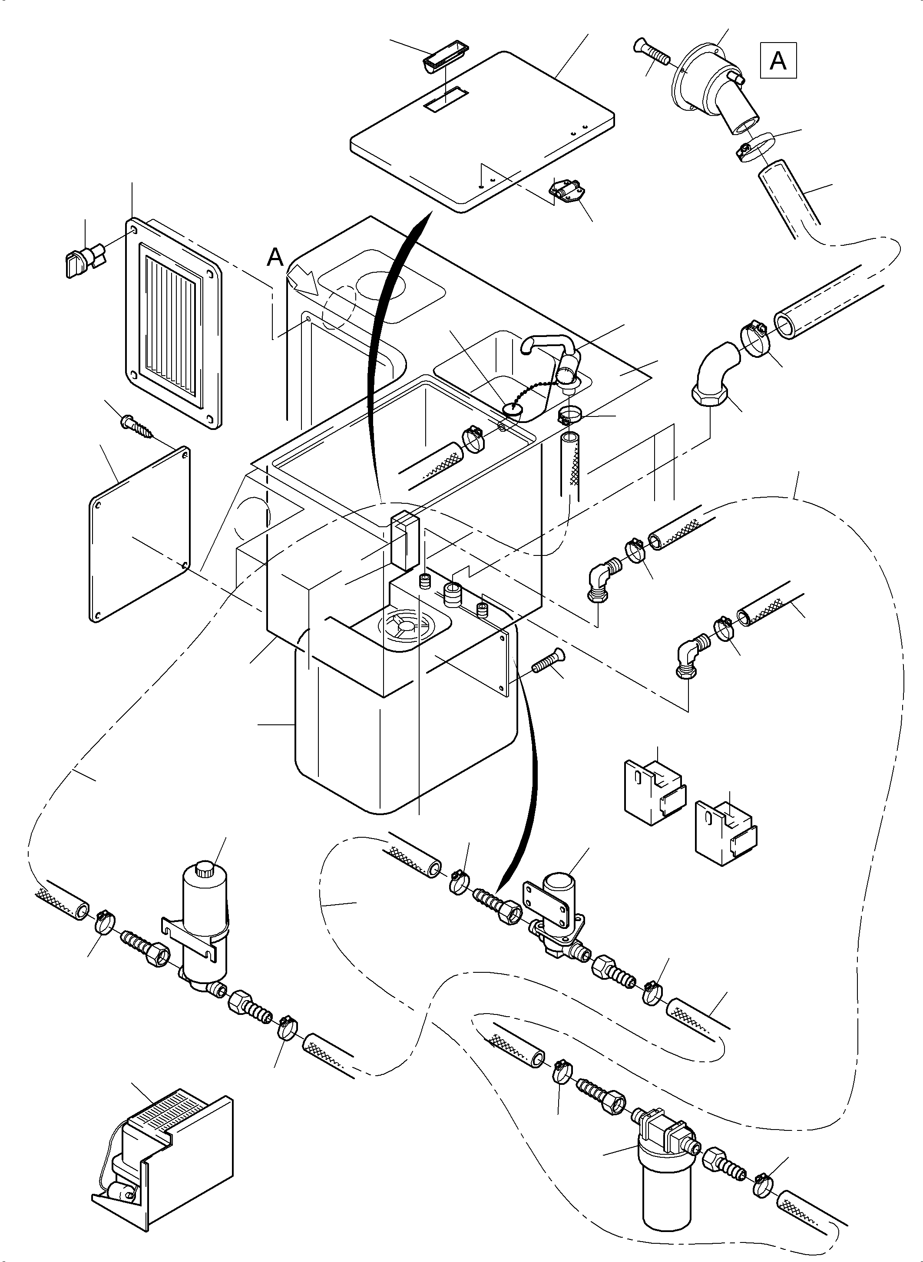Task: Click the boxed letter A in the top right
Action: point(778,60)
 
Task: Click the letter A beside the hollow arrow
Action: point(275,258)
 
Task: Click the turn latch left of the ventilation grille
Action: point(83,261)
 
